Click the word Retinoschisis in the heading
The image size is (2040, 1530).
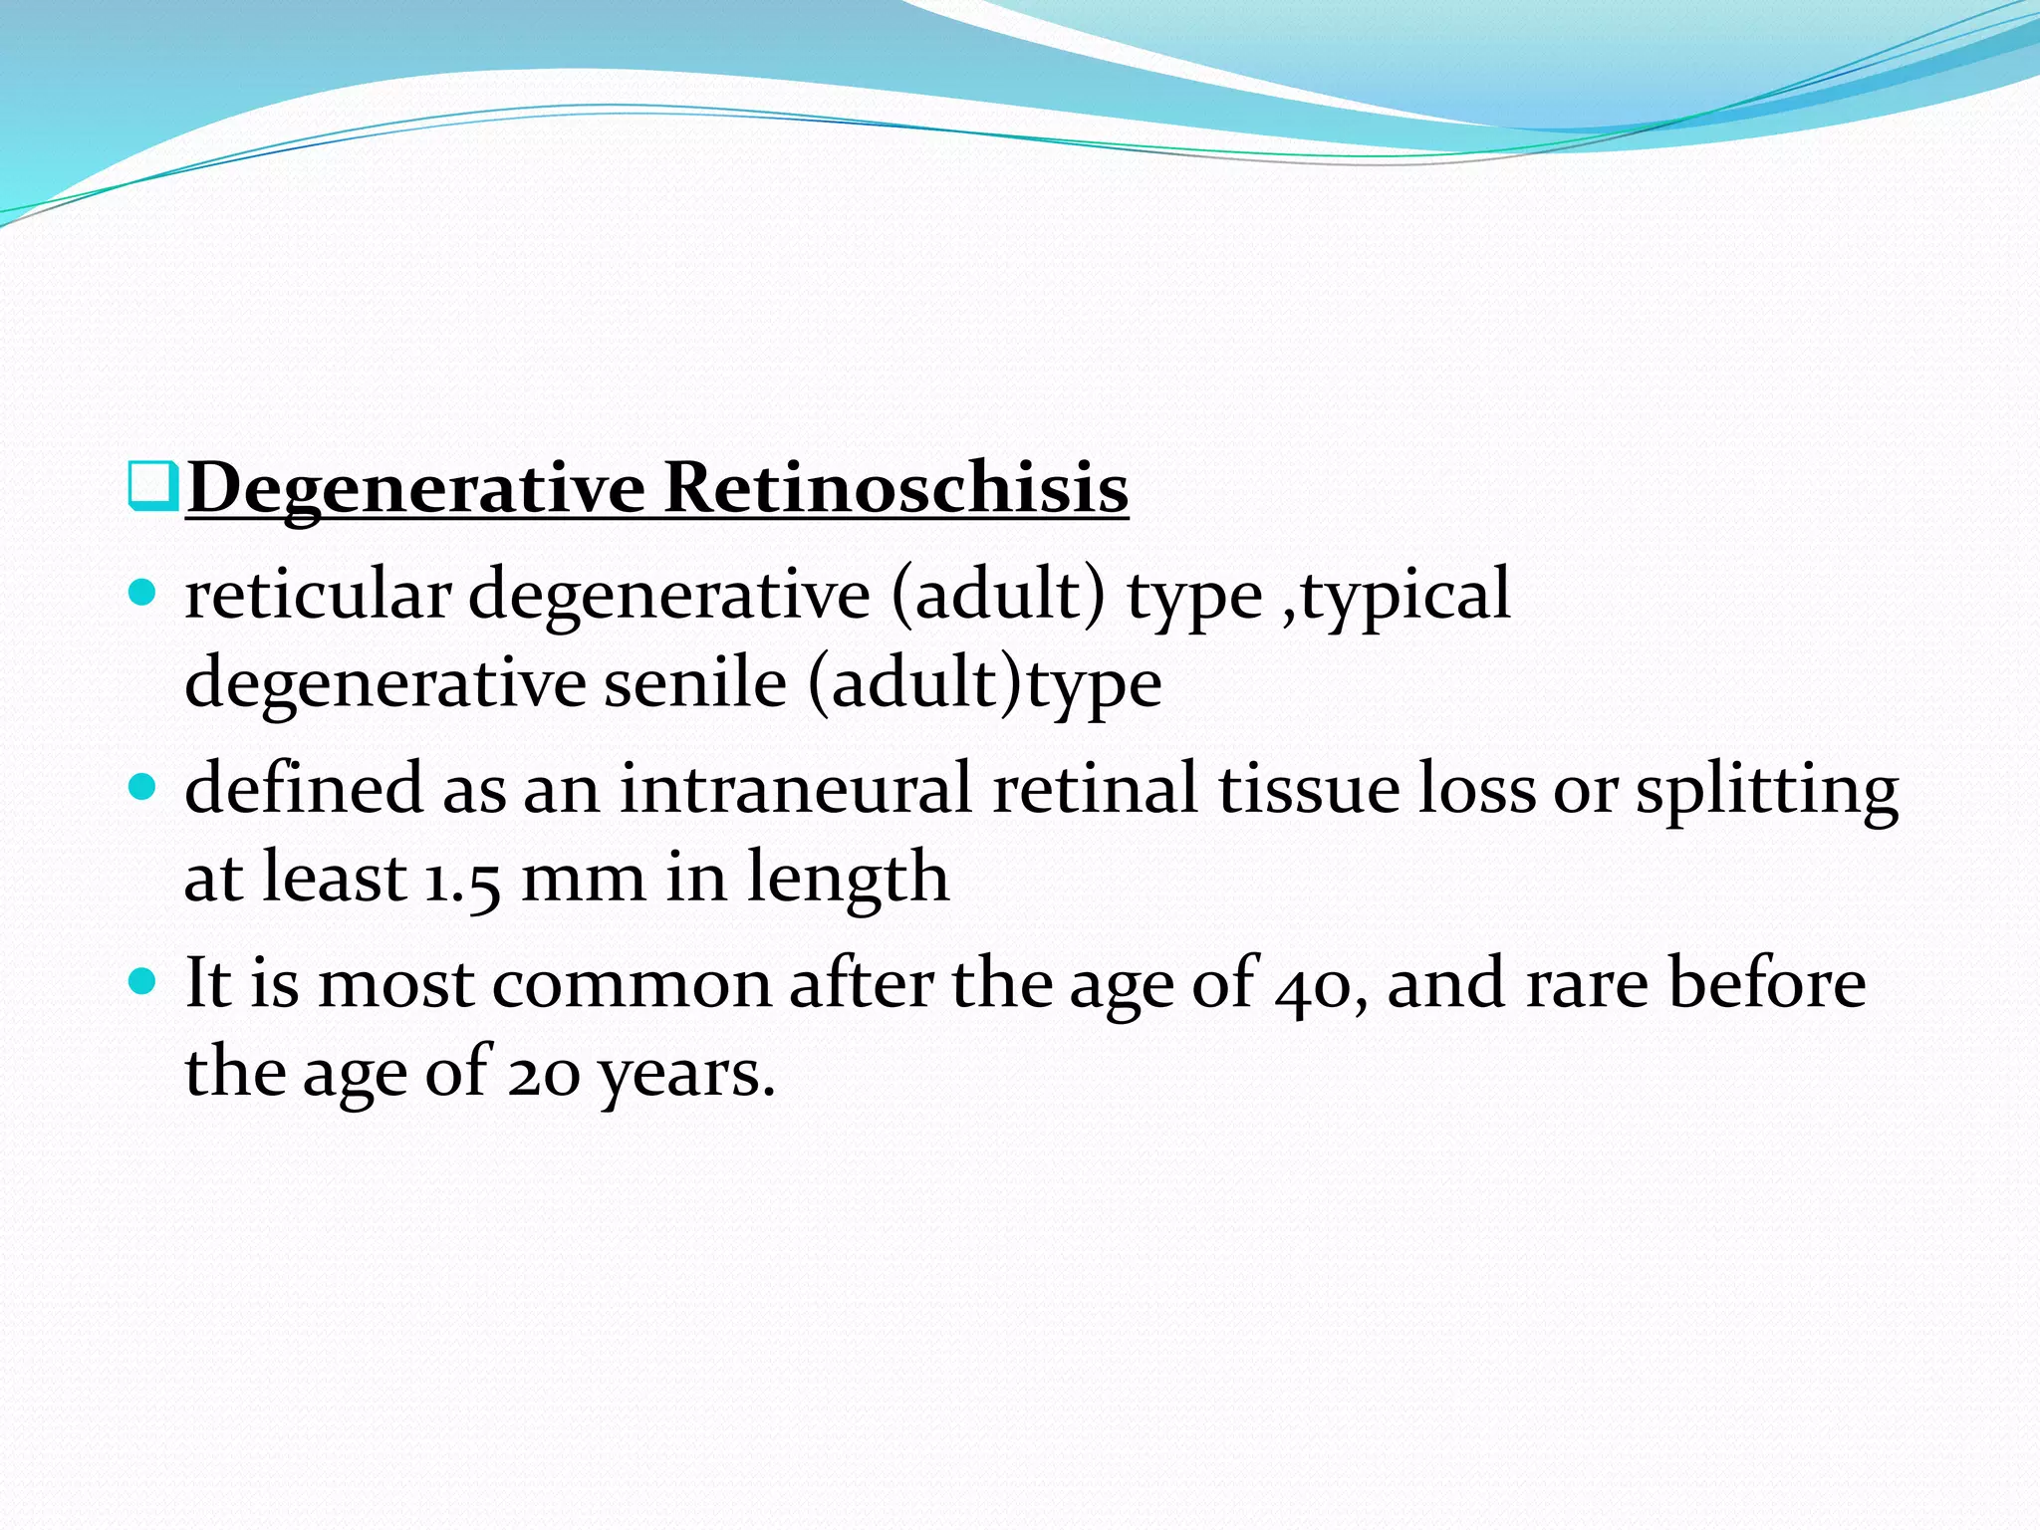pos(895,488)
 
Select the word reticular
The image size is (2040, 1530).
pos(318,595)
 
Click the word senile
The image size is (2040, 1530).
pos(694,683)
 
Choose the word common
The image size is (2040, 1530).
pos(632,984)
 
